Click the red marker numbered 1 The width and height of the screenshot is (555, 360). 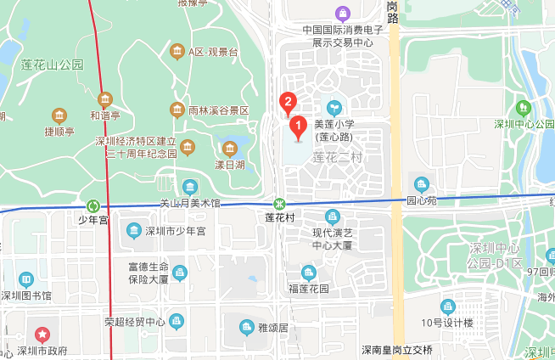(x=298, y=127)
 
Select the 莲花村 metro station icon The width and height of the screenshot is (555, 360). (x=279, y=205)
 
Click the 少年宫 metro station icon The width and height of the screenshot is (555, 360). (x=92, y=205)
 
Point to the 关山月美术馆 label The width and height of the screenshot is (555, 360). (x=190, y=204)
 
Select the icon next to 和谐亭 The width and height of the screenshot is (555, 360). (x=106, y=98)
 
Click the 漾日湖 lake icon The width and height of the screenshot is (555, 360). (x=229, y=149)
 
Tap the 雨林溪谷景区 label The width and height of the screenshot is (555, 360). (x=219, y=110)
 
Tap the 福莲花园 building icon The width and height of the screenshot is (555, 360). (x=309, y=272)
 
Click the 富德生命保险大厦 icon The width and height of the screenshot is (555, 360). (x=179, y=272)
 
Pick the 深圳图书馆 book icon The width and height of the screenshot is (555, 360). (x=25, y=279)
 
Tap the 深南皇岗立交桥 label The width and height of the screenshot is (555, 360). (x=396, y=350)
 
